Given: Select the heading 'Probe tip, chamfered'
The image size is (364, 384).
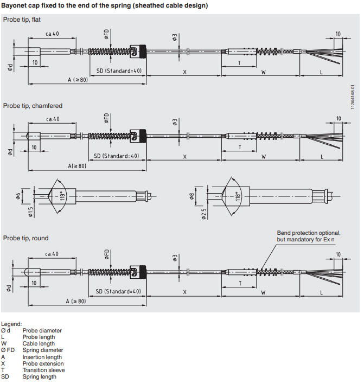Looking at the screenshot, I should click(33, 106).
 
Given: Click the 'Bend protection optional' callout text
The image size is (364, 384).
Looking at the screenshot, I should click(309, 233).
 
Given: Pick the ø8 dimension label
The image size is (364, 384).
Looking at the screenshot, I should click(191, 196).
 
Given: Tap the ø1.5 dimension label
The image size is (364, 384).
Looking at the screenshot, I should click(30, 211).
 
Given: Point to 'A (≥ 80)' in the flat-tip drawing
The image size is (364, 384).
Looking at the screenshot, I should click(78, 80).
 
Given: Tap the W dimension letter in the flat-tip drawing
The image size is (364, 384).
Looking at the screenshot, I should click(264, 72).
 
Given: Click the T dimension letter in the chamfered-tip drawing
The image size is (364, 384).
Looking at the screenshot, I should click(240, 148).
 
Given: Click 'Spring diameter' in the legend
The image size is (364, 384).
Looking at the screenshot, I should click(43, 350).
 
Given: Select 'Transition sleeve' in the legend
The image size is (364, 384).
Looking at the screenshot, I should click(43, 370).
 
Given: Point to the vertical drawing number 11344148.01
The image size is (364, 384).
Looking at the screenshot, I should click(353, 94).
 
